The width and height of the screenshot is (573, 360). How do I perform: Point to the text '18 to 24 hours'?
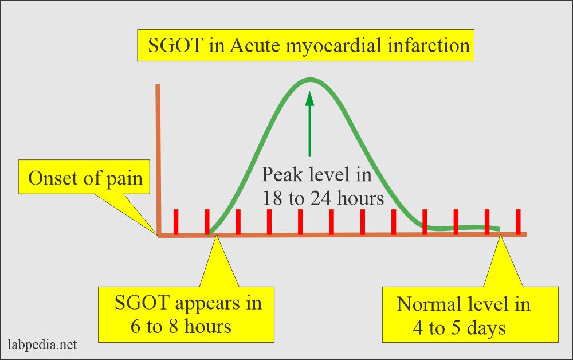[323, 198]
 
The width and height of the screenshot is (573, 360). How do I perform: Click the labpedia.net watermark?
[43, 345]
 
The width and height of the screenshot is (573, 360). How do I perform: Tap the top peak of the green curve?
[310, 79]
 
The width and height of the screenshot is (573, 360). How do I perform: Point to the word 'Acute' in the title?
[254, 45]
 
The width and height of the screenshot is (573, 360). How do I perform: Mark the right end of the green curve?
[499, 229]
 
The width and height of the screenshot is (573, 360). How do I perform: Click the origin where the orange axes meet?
[159, 235]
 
